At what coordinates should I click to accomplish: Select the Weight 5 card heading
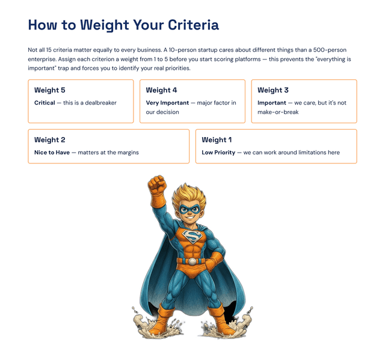pyautogui.click(x=50, y=90)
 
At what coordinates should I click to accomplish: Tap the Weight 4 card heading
pyautogui.click(x=161, y=90)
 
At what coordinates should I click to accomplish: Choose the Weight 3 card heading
pyautogui.click(x=273, y=90)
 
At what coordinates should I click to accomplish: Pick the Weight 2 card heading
pyautogui.click(x=50, y=140)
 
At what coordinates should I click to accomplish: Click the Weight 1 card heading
pyautogui.click(x=217, y=140)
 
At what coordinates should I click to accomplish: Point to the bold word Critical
pyautogui.click(x=45, y=103)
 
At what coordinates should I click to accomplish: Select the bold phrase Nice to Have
pyautogui.click(x=52, y=153)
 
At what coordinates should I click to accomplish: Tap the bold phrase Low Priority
pyautogui.click(x=218, y=153)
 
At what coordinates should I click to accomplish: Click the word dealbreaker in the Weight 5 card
pyautogui.click(x=100, y=103)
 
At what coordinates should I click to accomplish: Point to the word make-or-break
pyautogui.click(x=278, y=112)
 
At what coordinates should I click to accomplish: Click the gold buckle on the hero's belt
pyautogui.click(x=192, y=261)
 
